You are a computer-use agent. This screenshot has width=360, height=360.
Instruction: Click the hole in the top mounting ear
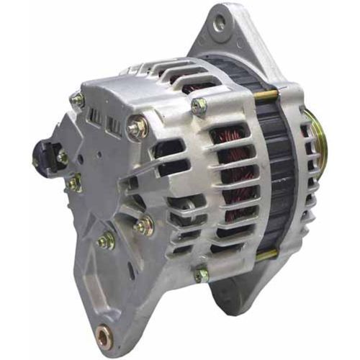pos(220,24)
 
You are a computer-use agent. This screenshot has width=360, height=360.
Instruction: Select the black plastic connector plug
pos(45,151)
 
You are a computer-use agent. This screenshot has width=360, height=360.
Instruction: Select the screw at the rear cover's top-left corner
pos(77,100)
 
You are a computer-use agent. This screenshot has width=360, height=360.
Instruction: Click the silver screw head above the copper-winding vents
pos(198,106)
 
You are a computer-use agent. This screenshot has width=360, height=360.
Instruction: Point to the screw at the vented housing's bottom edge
pos(201,274)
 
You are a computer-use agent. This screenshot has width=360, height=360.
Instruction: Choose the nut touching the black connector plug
pos(63,156)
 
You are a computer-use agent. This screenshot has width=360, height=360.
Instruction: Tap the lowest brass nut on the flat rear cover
pos(105,241)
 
